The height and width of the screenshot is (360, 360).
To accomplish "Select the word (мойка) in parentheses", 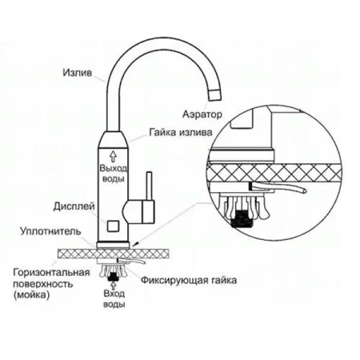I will click(x=32, y=294).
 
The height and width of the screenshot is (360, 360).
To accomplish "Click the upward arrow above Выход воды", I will click(x=113, y=157).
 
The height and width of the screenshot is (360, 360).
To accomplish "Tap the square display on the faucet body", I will click(x=113, y=214).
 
